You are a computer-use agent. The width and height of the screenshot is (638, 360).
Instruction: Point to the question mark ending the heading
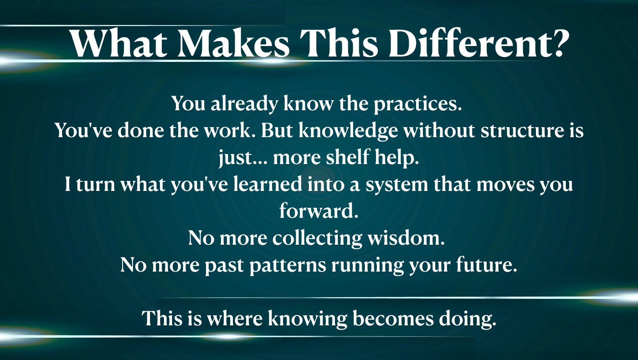point(559,43)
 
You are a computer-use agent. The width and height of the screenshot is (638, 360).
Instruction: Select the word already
point(244,104)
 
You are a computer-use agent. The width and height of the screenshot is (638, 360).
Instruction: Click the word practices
point(417,104)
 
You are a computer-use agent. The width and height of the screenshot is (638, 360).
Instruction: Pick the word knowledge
point(348,131)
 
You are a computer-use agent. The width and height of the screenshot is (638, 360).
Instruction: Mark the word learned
point(268,184)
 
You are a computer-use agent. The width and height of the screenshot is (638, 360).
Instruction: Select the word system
point(397,185)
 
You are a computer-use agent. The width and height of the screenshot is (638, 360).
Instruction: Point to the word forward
point(319,211)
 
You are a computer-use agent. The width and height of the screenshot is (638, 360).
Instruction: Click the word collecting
point(317,238)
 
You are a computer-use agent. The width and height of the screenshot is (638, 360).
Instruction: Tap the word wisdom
point(406,238)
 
